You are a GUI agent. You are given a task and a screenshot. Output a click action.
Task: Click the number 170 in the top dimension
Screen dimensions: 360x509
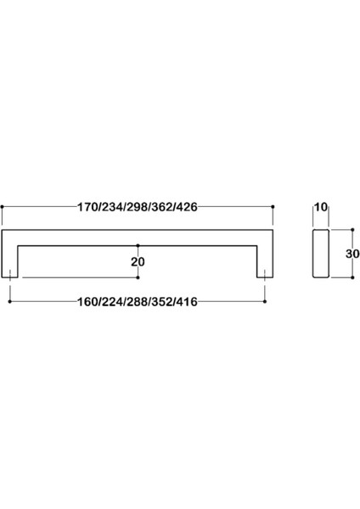87,207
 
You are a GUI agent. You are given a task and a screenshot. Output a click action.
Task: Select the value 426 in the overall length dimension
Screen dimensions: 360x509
187,207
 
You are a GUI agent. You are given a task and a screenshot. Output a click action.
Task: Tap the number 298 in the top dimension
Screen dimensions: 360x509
137,207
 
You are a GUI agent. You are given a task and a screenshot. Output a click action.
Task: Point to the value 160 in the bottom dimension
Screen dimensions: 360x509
87,302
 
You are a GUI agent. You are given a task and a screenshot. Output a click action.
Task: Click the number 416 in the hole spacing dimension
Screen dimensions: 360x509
187,302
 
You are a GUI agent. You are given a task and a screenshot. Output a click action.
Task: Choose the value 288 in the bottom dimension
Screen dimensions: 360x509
137,302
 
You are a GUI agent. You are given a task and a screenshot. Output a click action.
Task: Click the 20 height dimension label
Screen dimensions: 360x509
138,261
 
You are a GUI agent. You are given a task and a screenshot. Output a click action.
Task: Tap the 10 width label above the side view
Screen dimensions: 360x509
321,207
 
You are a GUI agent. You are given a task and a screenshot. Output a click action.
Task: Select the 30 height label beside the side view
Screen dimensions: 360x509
352,254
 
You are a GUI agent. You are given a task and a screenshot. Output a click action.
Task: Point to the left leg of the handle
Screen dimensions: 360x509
9,261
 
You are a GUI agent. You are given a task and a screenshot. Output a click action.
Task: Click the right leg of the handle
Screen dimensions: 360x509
265,261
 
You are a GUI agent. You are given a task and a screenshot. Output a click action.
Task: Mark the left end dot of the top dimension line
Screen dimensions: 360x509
2,207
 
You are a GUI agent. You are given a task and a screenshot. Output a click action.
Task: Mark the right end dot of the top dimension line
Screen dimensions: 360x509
273,207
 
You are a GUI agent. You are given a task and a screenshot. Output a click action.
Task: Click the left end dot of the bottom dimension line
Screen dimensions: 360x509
9,301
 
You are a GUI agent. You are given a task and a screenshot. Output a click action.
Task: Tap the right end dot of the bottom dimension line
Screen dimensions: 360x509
265,301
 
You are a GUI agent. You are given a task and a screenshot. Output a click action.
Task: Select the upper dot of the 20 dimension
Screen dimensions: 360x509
138,245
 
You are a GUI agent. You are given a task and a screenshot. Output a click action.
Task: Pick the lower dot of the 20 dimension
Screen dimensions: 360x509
138,277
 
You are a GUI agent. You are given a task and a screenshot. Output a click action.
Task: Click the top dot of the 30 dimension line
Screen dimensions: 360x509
353,230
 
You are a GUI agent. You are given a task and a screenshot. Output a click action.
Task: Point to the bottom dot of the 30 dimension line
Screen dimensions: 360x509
353,277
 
